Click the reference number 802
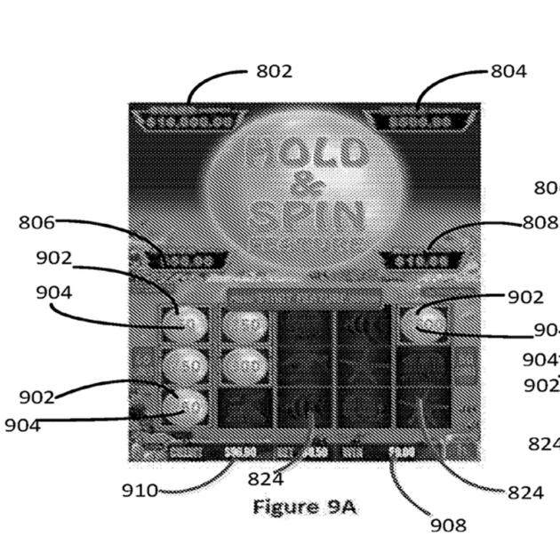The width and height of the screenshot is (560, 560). (274, 71)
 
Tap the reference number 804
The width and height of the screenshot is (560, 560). (508, 71)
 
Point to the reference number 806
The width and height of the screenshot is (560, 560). (37, 222)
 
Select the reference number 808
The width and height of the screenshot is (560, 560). (539, 222)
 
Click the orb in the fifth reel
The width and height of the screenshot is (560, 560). (422, 324)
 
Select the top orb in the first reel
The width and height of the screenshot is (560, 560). (186, 324)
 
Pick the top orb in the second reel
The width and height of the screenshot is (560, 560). (244, 325)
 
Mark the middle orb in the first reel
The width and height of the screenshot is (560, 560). (186, 364)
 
